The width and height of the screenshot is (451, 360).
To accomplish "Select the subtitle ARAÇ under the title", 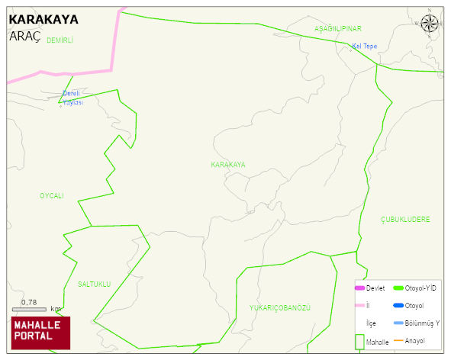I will point(24,35).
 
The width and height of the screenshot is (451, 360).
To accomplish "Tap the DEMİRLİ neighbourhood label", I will point(60,40).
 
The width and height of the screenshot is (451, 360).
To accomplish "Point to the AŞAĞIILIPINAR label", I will point(337,28).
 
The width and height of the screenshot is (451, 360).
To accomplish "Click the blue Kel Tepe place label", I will point(364,46).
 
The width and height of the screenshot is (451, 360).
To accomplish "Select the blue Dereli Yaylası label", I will point(72,98).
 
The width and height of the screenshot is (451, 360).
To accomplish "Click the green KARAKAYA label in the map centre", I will point(228,165).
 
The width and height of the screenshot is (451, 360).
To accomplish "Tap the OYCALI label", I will point(52,196).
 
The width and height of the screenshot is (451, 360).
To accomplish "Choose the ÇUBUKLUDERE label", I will point(405,219).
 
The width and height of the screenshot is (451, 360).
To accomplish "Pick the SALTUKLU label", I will point(95,284).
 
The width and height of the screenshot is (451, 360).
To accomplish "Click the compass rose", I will point(430,24).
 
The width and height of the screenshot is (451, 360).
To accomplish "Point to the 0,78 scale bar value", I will point(29,303).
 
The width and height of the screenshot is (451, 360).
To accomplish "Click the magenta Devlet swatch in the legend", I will point(359,288).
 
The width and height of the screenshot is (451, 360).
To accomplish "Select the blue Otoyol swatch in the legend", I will point(398,306).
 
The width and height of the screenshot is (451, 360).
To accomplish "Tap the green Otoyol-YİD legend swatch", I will point(398,288).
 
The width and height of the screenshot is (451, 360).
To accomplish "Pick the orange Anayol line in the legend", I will point(398,340).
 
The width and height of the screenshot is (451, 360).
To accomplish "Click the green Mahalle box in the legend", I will point(359,342).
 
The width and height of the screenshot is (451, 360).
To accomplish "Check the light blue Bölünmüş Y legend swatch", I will point(398,323).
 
